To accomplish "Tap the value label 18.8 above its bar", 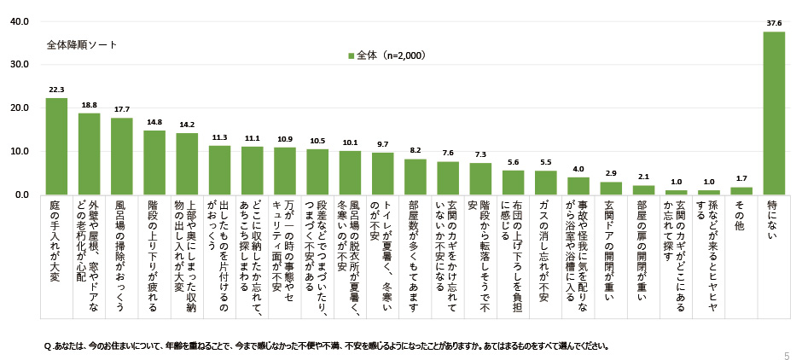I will (x=89, y=105).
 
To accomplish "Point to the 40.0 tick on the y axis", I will (x=19, y=21).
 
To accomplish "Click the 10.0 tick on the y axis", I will (x=19, y=152).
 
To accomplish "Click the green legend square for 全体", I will (x=351, y=55).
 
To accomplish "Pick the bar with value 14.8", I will (x=154, y=163).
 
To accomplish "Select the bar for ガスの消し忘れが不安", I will (x=545, y=183).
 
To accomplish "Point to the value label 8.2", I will (x=415, y=150).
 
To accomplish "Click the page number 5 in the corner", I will (x=786, y=354).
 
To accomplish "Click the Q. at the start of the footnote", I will (x=49, y=346).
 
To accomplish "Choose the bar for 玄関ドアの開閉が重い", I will (x=611, y=189).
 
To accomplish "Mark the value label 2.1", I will (x=643, y=177).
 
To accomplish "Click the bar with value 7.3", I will (x=480, y=179).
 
